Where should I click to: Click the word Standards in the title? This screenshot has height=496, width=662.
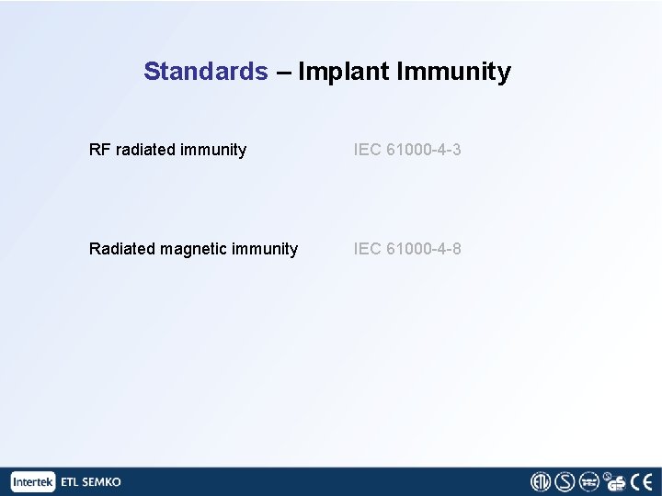pyautogui.click(x=205, y=72)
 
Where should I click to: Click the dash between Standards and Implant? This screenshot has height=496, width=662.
pyautogui.click(x=282, y=72)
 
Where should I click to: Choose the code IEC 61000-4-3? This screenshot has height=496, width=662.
pyautogui.click(x=407, y=149)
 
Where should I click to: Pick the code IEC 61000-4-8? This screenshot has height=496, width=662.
pyautogui.click(x=407, y=248)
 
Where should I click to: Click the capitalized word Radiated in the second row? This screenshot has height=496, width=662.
pyautogui.click(x=121, y=248)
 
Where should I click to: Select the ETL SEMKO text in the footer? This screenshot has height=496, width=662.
pyautogui.click(x=90, y=481)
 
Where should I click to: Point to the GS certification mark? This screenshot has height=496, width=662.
pyautogui.click(x=615, y=481)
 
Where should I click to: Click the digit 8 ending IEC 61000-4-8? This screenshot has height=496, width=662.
pyautogui.click(x=457, y=248)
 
